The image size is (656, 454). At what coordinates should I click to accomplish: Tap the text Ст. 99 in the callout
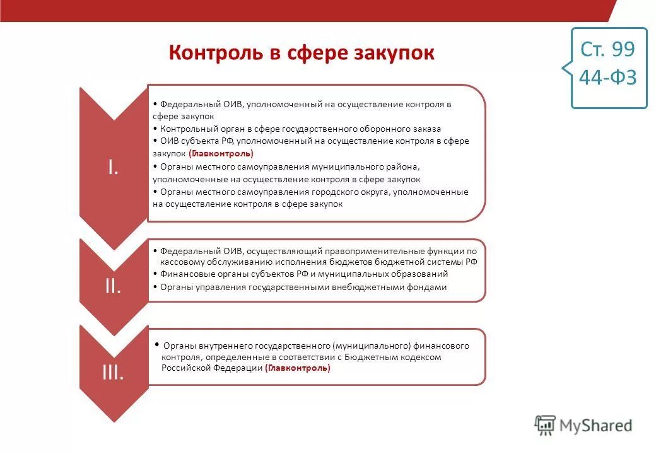pos(608,49)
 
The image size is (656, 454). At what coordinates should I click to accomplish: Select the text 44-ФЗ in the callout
pos(608,78)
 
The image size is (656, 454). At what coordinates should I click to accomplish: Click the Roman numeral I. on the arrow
pos(113,167)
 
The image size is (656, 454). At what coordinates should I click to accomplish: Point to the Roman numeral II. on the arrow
pos(113,286)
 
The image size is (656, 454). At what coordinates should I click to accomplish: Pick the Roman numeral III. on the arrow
pos(113,373)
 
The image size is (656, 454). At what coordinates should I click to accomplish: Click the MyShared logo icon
pos(545,426)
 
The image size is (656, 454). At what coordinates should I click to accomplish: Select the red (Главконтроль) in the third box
pos(298,369)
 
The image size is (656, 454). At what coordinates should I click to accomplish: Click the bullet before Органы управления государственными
pos(155,288)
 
